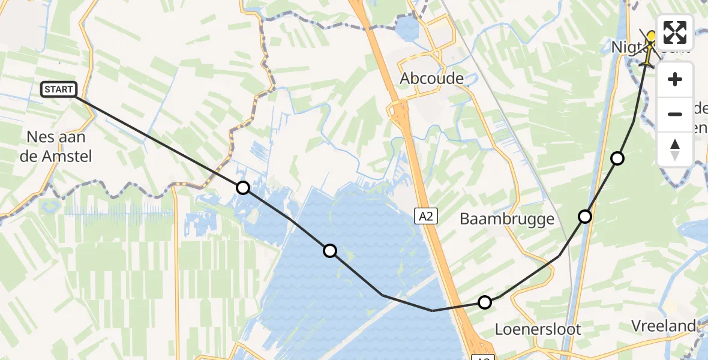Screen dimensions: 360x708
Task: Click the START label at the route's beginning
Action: tap(59, 90)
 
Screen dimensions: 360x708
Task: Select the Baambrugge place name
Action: tap(507, 219)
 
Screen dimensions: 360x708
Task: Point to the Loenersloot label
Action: tap(538, 329)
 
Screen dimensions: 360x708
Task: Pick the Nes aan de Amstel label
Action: tap(59, 146)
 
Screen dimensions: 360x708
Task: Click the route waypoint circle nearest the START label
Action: tap(243, 188)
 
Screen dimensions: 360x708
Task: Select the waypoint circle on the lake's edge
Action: tap(330, 251)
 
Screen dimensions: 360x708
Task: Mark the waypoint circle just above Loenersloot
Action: tap(485, 302)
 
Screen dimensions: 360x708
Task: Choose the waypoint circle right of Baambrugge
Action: tap(585, 216)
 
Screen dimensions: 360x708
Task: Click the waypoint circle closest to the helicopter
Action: tap(617, 158)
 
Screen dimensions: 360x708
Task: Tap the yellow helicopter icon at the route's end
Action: tap(650, 48)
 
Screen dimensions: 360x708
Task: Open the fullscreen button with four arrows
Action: tap(675, 32)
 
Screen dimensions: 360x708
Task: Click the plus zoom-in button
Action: tap(675, 79)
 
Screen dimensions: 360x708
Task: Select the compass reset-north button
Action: tap(675, 149)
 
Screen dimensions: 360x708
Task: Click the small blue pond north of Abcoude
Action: tap(407, 28)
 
